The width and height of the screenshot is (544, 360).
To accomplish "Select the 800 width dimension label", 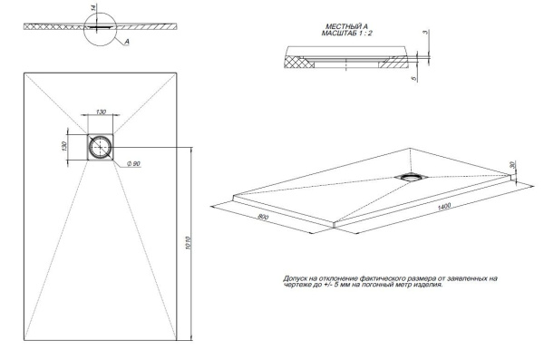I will click(x=263, y=218).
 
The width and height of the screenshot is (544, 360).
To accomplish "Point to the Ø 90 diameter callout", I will click(x=132, y=163).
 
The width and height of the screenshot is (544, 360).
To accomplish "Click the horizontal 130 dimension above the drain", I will click(x=101, y=112).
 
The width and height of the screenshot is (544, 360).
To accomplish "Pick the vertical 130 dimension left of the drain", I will click(x=63, y=146).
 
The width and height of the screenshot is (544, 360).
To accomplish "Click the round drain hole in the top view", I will click(x=100, y=145).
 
